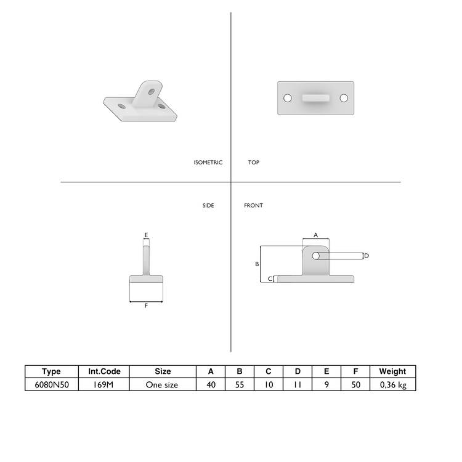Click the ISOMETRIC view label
pyautogui.click(x=208, y=163)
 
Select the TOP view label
pyautogui.click(x=254, y=163)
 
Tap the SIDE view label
pyautogui.click(x=208, y=205)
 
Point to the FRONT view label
pyautogui.click(x=253, y=205)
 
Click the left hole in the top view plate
pyautogui.click(x=287, y=98)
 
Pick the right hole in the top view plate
pyautogui.click(x=344, y=98)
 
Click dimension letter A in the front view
pyautogui.click(x=315, y=235)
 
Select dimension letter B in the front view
pyautogui.click(x=257, y=264)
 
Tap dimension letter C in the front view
pyautogui.click(x=270, y=279)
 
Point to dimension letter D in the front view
pyautogui.click(x=366, y=256)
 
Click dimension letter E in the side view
pyautogui.click(x=146, y=235)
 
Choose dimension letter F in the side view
pyautogui.click(x=146, y=306)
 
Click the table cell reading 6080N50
pyautogui.click(x=52, y=384)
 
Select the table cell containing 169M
pyautogui.click(x=104, y=384)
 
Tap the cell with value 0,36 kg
pyautogui.click(x=392, y=384)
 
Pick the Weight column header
pyautogui.click(x=392, y=371)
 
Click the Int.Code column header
pyautogui.click(x=104, y=371)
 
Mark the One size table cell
pyautogui.click(x=162, y=384)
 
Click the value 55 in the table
pyautogui.click(x=240, y=384)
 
